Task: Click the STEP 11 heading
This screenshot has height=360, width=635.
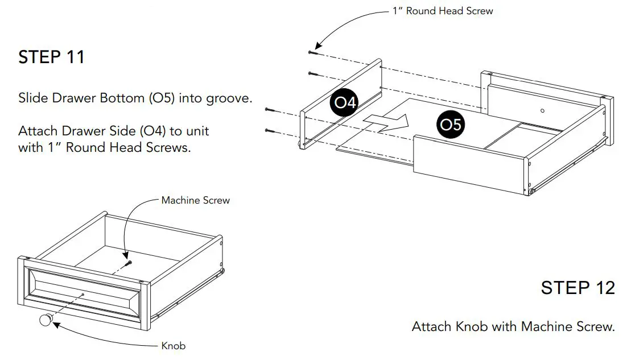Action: point(51,57)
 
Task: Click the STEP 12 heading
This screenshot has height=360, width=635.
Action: point(578,288)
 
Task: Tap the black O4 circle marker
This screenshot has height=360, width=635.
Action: point(345,103)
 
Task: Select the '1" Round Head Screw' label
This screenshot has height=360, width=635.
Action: point(443,11)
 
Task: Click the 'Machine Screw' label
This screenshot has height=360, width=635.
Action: point(196,200)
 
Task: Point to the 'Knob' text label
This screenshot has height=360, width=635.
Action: point(174,346)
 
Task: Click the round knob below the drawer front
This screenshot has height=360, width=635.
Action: point(46,320)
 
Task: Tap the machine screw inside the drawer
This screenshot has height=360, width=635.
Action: point(129,262)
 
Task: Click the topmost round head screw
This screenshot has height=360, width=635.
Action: point(312,52)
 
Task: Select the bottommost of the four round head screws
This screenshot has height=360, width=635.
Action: point(269,131)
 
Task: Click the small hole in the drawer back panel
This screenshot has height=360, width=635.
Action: point(542,110)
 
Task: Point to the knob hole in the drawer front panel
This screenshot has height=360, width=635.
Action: point(83,294)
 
